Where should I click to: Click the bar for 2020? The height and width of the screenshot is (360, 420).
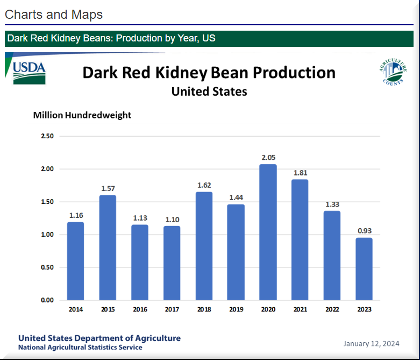point(268,232)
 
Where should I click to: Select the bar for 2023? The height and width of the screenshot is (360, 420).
point(364,269)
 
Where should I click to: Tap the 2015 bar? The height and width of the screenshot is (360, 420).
point(108,247)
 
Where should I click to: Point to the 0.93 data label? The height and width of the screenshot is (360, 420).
point(364,230)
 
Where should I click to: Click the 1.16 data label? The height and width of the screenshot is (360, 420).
point(76,215)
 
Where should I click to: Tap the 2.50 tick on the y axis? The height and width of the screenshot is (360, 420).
point(47,136)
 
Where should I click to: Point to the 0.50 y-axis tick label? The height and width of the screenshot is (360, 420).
point(47,267)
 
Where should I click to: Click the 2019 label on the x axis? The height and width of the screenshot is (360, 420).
point(236,309)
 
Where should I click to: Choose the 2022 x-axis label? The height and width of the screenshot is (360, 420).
point(332,309)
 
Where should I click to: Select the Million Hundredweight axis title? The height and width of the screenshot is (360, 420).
point(82,115)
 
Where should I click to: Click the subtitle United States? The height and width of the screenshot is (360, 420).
point(209,91)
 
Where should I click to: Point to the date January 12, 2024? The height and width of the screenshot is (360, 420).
point(372,343)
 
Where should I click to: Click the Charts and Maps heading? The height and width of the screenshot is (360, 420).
point(54,15)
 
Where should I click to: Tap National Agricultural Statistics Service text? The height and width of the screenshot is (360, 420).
point(80,348)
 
